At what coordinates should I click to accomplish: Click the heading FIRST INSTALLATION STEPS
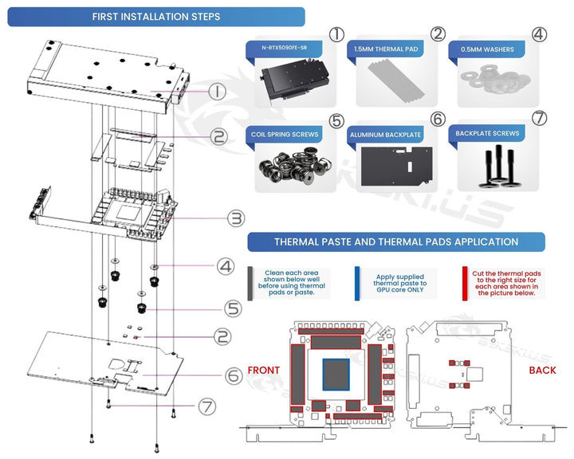tap(156, 17)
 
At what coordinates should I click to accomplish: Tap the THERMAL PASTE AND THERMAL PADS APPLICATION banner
tap(396, 241)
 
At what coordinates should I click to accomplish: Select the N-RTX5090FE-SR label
tap(288, 49)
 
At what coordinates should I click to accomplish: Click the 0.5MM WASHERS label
tap(487, 49)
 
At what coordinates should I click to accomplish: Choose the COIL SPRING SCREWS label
tap(285, 135)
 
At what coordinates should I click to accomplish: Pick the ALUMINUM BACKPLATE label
tap(387, 136)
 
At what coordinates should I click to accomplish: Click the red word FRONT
tap(263, 370)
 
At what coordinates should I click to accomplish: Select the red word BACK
tap(542, 370)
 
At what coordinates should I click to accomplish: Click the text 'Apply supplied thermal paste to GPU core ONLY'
tap(400, 283)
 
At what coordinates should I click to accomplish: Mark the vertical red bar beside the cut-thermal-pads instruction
tap(465, 282)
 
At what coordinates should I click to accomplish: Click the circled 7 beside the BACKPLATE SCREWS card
tap(540, 118)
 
